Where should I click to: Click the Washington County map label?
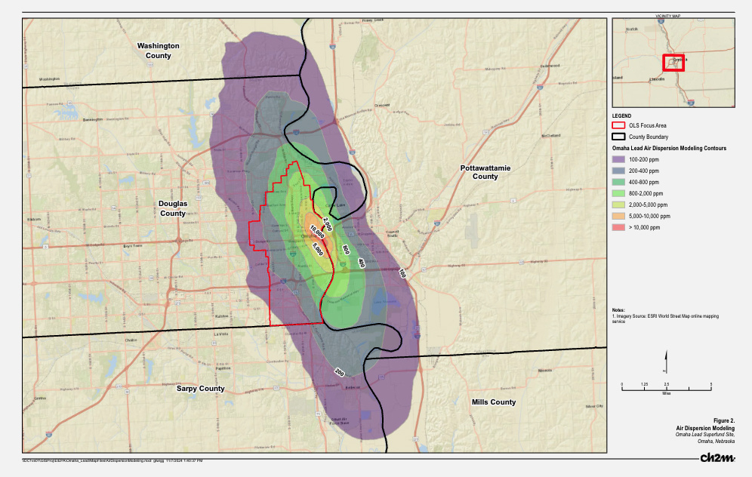[158, 51]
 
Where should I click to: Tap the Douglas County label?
[173, 208]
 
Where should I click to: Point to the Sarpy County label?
[201, 389]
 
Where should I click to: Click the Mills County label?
[493, 402]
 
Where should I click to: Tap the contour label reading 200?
[339, 372]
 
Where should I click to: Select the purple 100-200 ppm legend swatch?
[619, 159]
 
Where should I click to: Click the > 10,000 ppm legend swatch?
[619, 227]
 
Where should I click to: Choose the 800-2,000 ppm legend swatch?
[619, 193]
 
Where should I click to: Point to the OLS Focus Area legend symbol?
[619, 125]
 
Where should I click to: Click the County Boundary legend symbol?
[619, 137]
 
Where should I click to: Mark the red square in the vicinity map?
[673, 63]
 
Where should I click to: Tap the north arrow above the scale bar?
[665, 362]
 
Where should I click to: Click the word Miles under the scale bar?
[666, 393]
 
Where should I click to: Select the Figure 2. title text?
[723, 420]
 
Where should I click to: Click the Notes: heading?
[619, 309]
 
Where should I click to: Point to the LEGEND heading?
[622, 115]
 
